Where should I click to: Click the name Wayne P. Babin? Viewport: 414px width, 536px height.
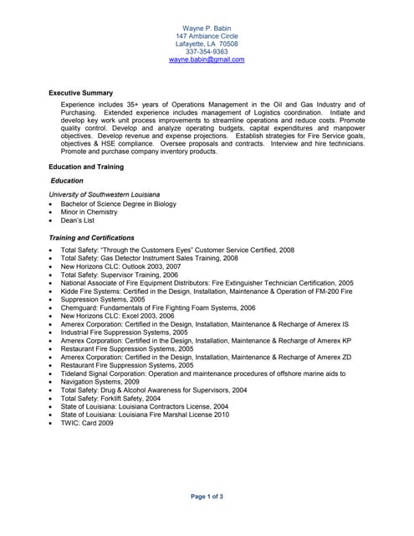(207, 28)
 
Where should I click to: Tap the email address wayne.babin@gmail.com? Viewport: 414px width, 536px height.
(207, 60)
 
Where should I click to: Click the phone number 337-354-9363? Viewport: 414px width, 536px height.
(207, 52)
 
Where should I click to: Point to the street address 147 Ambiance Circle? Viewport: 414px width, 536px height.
(207, 37)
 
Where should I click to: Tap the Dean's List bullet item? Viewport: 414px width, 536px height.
(78, 220)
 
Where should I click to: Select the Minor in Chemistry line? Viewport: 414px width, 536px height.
(89, 212)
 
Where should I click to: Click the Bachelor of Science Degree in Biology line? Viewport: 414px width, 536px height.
(118, 204)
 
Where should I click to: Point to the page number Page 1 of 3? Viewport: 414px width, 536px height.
(207, 497)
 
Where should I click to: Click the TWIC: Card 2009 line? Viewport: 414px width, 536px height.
(87, 423)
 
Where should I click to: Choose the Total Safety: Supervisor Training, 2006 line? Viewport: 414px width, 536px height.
(120, 275)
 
